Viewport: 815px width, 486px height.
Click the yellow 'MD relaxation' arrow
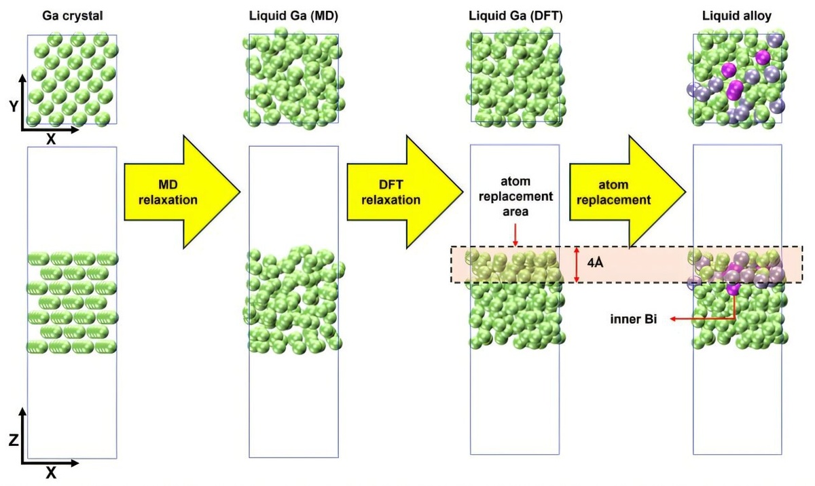[x=178, y=193]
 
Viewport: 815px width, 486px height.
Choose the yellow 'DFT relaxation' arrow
[x=401, y=193]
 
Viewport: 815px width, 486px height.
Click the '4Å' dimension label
[x=596, y=263]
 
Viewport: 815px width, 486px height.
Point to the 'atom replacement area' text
[x=515, y=196]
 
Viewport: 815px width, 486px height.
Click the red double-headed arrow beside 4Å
[x=576, y=264]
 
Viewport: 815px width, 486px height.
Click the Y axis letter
[x=14, y=107]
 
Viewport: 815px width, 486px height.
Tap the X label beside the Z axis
[x=50, y=473]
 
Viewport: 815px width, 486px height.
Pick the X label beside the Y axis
[x=50, y=138]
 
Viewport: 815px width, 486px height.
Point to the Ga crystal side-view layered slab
[x=72, y=302]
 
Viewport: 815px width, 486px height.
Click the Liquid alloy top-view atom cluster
[x=738, y=79]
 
